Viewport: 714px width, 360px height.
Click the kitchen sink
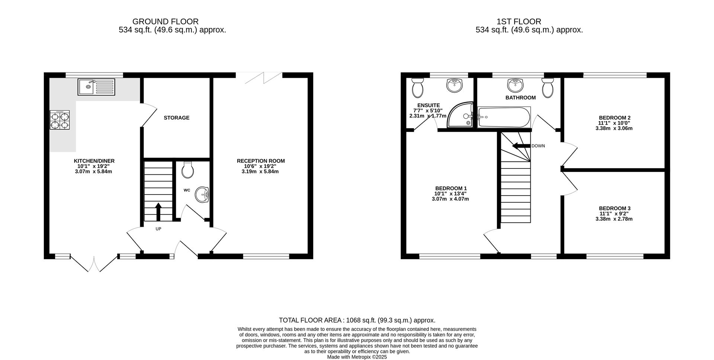(x=96, y=87)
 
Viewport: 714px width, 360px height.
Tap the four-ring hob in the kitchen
(x=59, y=120)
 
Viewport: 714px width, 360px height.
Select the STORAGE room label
(x=177, y=118)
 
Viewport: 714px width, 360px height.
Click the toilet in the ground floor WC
(x=187, y=170)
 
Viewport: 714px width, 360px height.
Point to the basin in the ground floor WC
(x=203, y=194)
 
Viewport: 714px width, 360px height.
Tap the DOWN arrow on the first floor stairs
(x=521, y=146)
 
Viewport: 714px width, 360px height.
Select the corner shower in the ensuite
(x=461, y=116)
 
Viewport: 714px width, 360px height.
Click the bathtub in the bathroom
(x=504, y=117)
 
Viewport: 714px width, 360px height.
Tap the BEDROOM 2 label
(x=614, y=118)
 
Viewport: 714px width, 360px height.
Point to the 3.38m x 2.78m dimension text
(x=614, y=219)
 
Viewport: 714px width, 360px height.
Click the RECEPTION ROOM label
(x=261, y=161)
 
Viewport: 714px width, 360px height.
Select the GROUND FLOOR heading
(x=165, y=22)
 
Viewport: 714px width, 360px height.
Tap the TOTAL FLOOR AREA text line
(x=357, y=320)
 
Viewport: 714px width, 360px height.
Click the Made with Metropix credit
(x=357, y=357)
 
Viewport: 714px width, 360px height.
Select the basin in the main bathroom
(x=515, y=85)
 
